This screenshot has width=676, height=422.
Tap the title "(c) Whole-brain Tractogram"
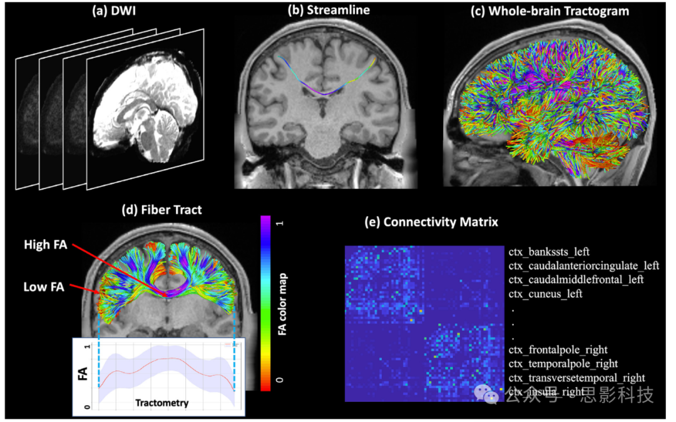click(x=550, y=11)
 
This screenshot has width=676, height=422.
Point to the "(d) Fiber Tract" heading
click(x=161, y=210)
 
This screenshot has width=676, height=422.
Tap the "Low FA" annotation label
click(x=44, y=287)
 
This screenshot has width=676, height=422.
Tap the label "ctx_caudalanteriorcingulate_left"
click(x=583, y=266)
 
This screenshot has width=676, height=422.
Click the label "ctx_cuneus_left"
click(x=545, y=294)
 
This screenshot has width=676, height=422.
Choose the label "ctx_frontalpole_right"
click(x=558, y=350)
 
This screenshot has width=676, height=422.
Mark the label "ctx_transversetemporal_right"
click(x=575, y=378)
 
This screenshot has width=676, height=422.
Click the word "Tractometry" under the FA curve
click(x=161, y=403)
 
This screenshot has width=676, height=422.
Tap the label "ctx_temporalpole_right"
click(x=563, y=364)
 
